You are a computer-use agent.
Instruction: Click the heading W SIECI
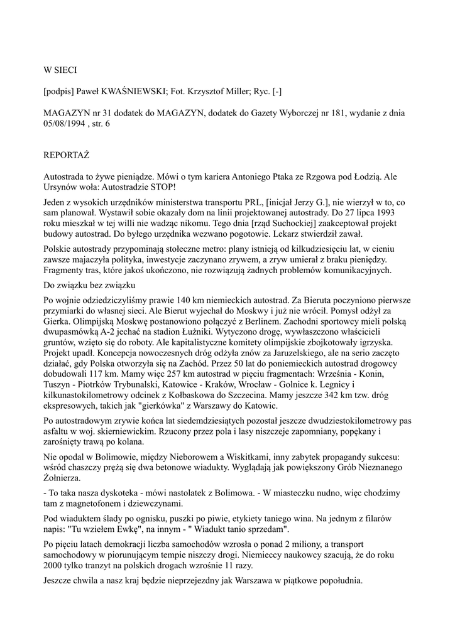[x=60, y=70]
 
